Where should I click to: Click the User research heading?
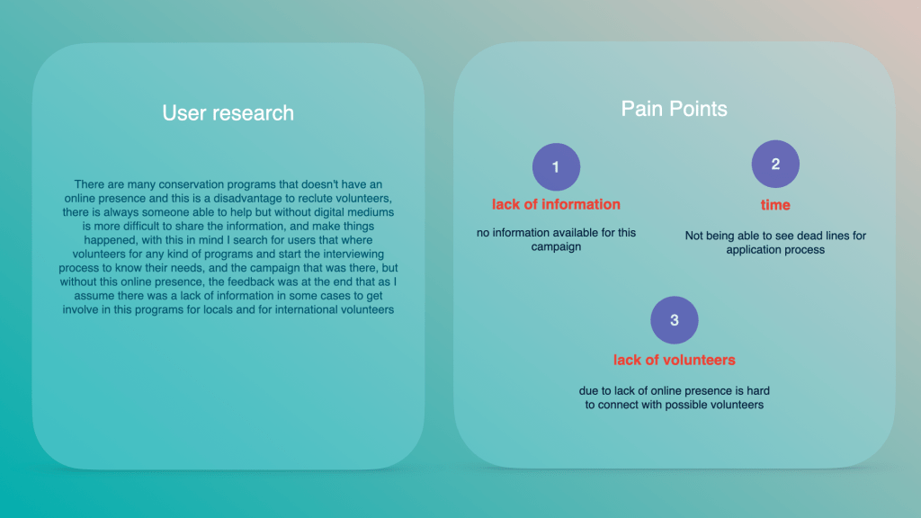pyautogui.click(x=228, y=112)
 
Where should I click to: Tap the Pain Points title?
pyautogui.click(x=675, y=109)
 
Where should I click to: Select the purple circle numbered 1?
pyautogui.click(x=556, y=166)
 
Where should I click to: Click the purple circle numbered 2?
pyautogui.click(x=775, y=164)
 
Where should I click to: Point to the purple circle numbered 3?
pyautogui.click(x=675, y=320)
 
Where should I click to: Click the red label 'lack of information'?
pyautogui.click(x=556, y=204)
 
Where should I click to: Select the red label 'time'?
pyautogui.click(x=775, y=205)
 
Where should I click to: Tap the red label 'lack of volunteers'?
pyautogui.click(x=675, y=360)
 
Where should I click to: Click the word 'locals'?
pyautogui.click(x=219, y=309)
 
